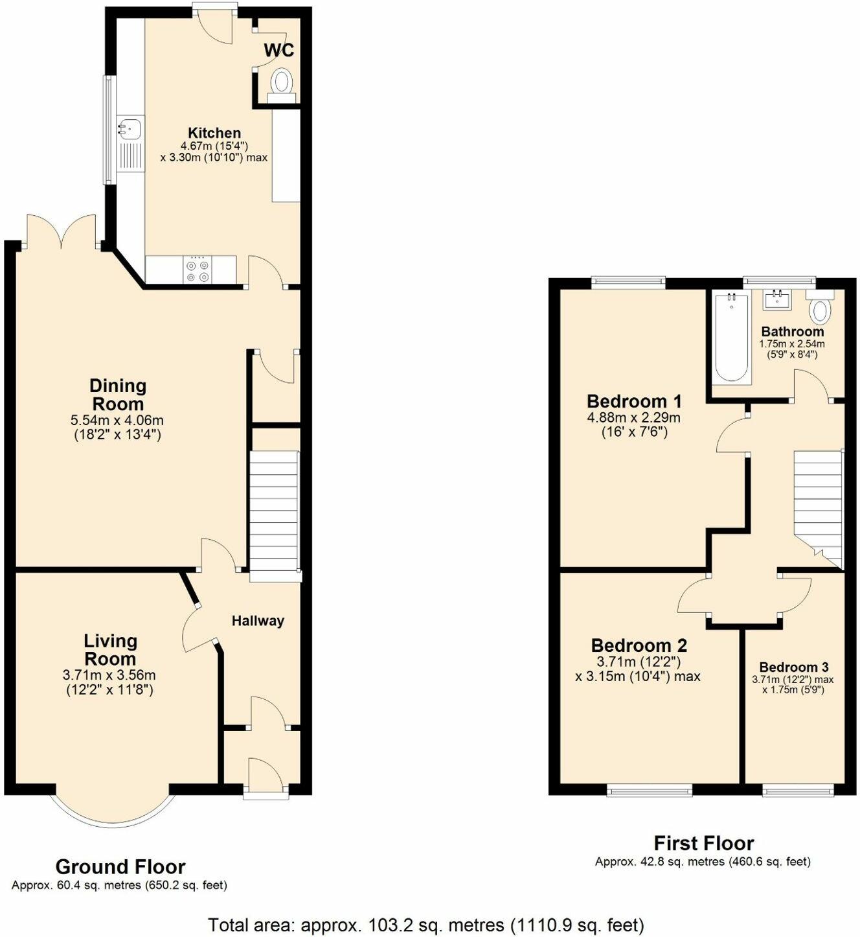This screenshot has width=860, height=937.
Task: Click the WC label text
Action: click(279, 50)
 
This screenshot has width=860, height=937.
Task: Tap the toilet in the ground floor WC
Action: click(282, 86)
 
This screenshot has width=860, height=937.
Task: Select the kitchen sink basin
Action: click(130, 128)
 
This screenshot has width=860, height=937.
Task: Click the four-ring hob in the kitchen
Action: click(198, 270)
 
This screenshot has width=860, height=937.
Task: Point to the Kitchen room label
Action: click(214, 133)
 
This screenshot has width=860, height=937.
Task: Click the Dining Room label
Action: click(118, 395)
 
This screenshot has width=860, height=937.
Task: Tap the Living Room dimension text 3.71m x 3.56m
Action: click(109, 675)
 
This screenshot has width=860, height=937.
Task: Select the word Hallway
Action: click(258, 621)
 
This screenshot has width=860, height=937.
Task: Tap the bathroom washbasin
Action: click(778, 299)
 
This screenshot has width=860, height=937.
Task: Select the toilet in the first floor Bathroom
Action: click(820, 307)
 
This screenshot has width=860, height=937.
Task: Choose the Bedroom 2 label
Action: click(639, 645)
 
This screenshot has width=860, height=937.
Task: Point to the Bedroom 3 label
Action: click(794, 667)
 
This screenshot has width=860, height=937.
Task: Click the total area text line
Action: click(426, 911)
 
